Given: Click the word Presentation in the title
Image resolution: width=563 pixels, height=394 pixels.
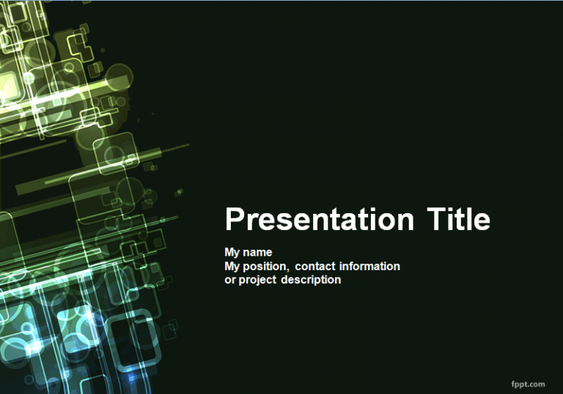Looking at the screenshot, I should click(x=319, y=220).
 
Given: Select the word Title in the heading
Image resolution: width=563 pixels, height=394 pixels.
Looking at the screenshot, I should click(x=458, y=219).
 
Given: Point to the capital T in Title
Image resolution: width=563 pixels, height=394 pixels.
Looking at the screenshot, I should click(x=435, y=219).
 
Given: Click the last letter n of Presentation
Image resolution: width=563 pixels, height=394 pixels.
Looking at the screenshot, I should click(x=405, y=222).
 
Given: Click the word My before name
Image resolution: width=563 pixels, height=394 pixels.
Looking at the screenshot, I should click(x=233, y=253).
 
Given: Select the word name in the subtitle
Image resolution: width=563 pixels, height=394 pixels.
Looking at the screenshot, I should click(x=259, y=253).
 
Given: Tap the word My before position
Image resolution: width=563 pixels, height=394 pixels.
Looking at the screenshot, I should click(x=233, y=267).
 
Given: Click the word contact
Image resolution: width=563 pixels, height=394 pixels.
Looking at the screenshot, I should click(x=315, y=267).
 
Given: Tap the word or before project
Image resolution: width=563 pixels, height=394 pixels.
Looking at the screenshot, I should click(x=230, y=280).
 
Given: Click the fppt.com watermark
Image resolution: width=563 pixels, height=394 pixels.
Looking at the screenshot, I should click(x=527, y=384).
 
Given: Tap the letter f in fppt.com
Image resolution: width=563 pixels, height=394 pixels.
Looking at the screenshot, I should click(x=512, y=383).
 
